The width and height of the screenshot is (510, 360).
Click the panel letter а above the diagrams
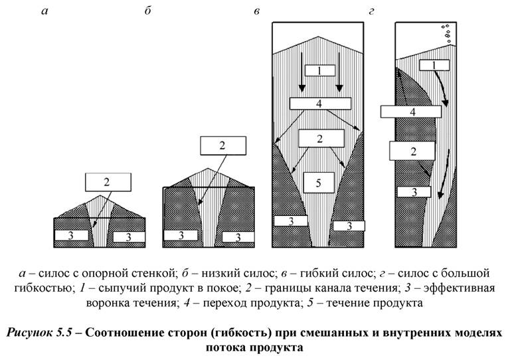pyautogui.click(x=44, y=12)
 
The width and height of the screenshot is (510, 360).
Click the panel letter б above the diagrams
pyautogui.click(x=147, y=11)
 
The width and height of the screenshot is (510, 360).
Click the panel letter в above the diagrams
pyautogui.click(x=256, y=12)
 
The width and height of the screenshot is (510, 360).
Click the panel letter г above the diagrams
pyautogui.click(x=371, y=12)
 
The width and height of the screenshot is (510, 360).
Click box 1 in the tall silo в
pyautogui.click(x=319, y=70)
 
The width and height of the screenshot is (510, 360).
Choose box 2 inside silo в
pyautogui.click(x=321, y=138)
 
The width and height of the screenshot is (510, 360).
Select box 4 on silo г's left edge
pyautogui.click(x=412, y=112)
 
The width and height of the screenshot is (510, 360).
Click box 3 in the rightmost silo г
pyautogui.click(x=412, y=192)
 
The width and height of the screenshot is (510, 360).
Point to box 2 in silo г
pyautogui.click(x=412, y=151)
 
